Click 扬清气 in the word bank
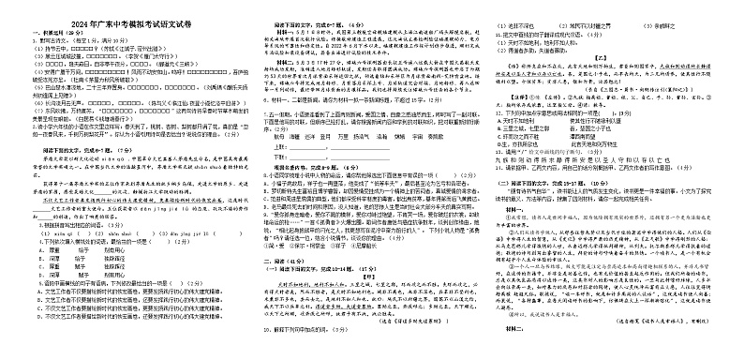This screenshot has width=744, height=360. click(359, 135)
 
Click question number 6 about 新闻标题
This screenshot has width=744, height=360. click(263, 97)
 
